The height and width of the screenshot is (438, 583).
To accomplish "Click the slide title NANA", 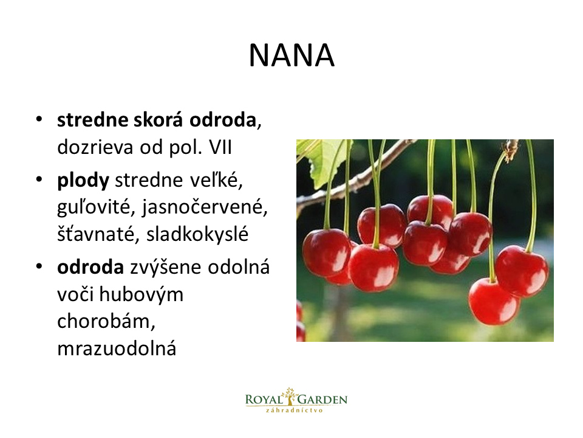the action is coord(291,55).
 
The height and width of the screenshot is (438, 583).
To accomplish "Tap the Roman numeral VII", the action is coord(220,147).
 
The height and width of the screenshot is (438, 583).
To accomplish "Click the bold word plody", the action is coord(83,181).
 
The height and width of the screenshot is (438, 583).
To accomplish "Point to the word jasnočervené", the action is coord(205,207).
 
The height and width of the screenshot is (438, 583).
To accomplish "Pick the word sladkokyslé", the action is coord(197,234).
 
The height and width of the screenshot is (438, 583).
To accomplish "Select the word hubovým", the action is coord(141,294).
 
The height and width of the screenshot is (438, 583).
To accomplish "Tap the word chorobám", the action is coord(106,321).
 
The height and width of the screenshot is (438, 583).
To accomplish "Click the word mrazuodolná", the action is coord(117,348).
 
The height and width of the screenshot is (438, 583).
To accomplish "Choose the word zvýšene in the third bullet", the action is coord(166,268).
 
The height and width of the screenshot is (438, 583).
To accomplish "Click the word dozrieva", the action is coord(95,147).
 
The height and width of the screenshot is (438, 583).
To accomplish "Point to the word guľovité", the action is coord(95,207).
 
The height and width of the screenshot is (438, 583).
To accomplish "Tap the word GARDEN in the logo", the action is coord(322,400).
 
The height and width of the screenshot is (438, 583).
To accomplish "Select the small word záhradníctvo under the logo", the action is coord(294,411).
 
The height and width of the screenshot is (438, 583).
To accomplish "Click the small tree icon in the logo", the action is coord(290,396).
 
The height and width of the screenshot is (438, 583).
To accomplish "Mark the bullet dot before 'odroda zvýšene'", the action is coord(39,266).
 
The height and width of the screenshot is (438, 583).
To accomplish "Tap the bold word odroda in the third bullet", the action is coord(90,268).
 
